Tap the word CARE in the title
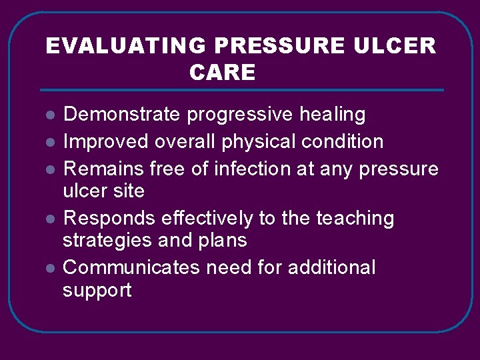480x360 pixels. [222, 72]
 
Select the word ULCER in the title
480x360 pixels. [397, 45]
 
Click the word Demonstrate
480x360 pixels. [121, 115]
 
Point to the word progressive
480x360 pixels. [240, 115]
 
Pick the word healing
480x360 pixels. [333, 115]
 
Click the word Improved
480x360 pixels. [106, 141]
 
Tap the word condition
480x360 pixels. [345, 141]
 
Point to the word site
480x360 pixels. [129, 191]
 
